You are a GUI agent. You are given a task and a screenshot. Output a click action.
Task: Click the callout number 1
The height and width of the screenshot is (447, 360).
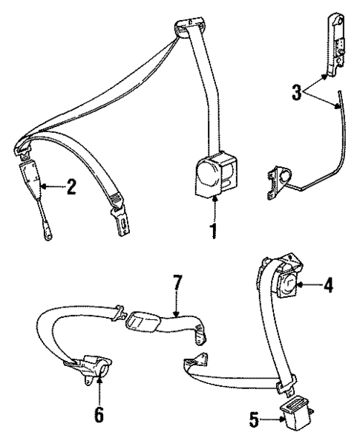[215, 231]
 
